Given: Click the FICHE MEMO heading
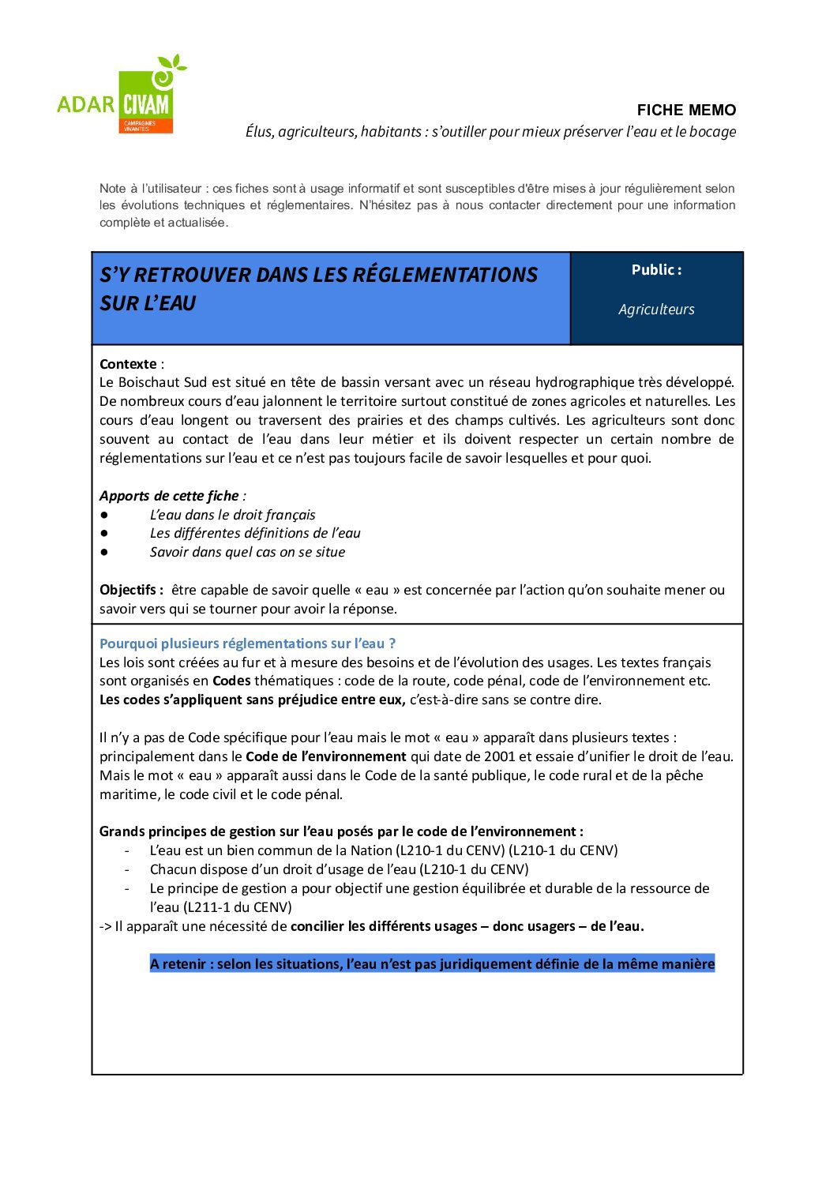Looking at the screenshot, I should [686, 111].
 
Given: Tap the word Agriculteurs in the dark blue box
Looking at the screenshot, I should [656, 310].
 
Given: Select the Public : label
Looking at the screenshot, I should [656, 270].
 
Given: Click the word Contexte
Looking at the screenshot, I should [128, 364].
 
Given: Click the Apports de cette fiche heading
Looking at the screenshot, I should [169, 496].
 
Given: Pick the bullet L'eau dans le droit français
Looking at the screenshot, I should [232, 515].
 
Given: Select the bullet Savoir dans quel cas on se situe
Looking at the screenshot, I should [247, 552].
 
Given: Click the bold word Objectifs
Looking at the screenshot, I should [128, 590].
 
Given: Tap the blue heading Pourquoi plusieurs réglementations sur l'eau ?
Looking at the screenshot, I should [247, 644].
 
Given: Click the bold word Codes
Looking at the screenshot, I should [231, 681].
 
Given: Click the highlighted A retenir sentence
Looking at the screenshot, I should [432, 964].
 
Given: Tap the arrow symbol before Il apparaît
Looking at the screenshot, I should [106, 926].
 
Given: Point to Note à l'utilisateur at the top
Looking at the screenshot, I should [151, 189].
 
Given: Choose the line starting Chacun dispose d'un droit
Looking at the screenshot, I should [339, 869].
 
